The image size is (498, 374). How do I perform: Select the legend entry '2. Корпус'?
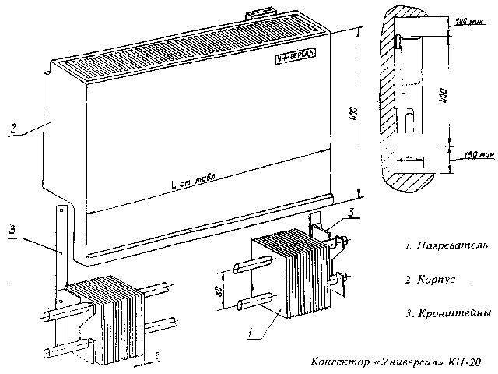[433, 278]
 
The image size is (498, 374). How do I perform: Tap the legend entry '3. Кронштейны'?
[447, 313]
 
